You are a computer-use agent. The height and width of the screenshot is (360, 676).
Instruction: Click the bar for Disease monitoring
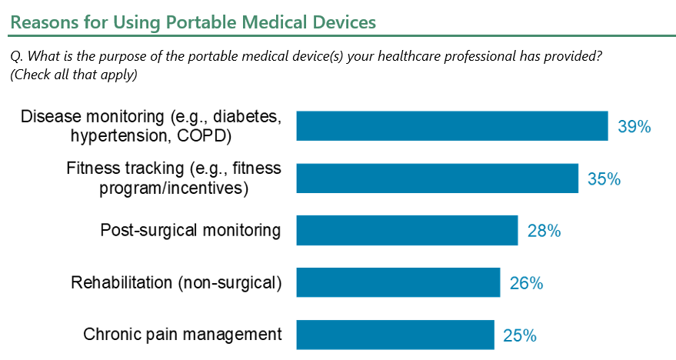[x=452, y=126]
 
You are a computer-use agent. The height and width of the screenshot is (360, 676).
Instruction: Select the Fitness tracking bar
[x=437, y=178]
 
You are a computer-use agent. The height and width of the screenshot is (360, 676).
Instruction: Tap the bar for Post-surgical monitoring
[x=407, y=230]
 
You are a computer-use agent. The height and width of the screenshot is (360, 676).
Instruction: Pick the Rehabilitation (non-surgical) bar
[x=398, y=282]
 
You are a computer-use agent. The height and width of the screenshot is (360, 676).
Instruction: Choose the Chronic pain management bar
[x=395, y=335]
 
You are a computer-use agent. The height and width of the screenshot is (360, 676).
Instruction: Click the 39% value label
[x=634, y=126]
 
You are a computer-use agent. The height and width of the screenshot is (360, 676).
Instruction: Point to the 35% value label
[x=604, y=178]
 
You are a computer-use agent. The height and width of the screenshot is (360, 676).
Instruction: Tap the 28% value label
[x=544, y=231]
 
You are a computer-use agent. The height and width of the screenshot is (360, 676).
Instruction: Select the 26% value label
[x=526, y=283]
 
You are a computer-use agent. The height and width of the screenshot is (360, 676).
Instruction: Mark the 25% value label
[x=520, y=335]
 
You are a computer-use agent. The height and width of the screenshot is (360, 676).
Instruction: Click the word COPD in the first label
[x=205, y=136]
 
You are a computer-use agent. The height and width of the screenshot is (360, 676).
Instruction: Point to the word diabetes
[x=247, y=116]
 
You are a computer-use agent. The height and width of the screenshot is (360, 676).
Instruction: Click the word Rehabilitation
[x=122, y=282]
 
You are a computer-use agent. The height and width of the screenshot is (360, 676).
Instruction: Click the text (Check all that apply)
[x=74, y=75]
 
